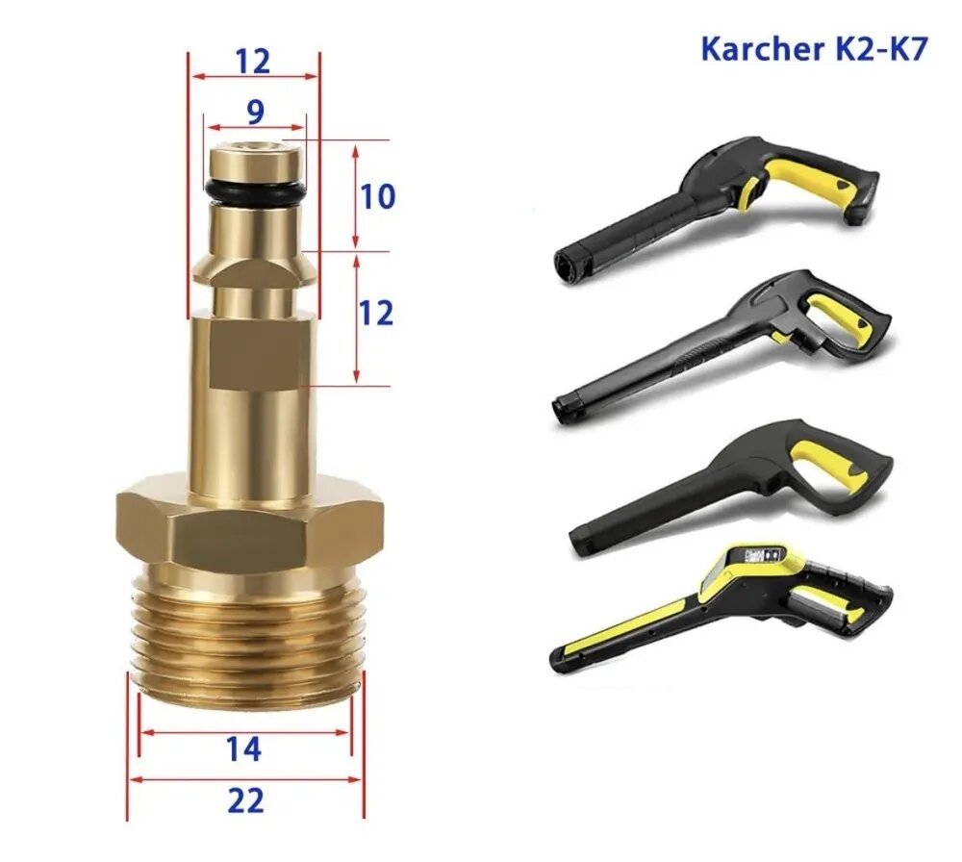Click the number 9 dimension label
[254, 112]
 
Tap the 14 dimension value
[245, 749]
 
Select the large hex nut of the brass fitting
[250, 524]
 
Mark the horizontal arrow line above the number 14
[245, 731]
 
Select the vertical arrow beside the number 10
[356, 196]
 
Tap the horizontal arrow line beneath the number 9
[254, 127]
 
